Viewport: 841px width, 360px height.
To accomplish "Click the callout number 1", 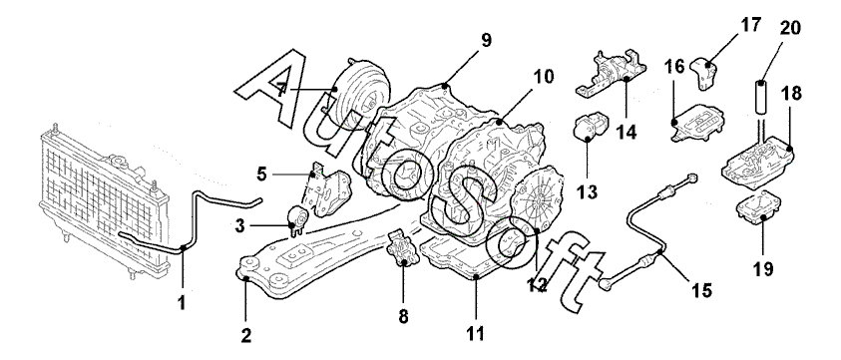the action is (x=183, y=303).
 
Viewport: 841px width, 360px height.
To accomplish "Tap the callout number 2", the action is (x=245, y=336).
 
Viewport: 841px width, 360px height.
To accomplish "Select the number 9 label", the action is (x=486, y=41).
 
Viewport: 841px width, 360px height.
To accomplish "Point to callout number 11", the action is (x=475, y=334).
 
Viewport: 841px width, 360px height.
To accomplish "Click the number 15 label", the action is (x=701, y=290).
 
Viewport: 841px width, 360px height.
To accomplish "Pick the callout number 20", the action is (x=789, y=28).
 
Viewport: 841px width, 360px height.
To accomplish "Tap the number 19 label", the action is (x=763, y=268).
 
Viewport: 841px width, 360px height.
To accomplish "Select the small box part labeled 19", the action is (x=759, y=208).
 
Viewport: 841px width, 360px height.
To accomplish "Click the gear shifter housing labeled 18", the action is (x=758, y=161).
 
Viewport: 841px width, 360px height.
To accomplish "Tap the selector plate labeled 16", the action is (x=698, y=124).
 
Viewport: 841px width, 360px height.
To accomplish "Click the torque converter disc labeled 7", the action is (x=360, y=93).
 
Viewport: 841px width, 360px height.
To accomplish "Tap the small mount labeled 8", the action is (x=402, y=248).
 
